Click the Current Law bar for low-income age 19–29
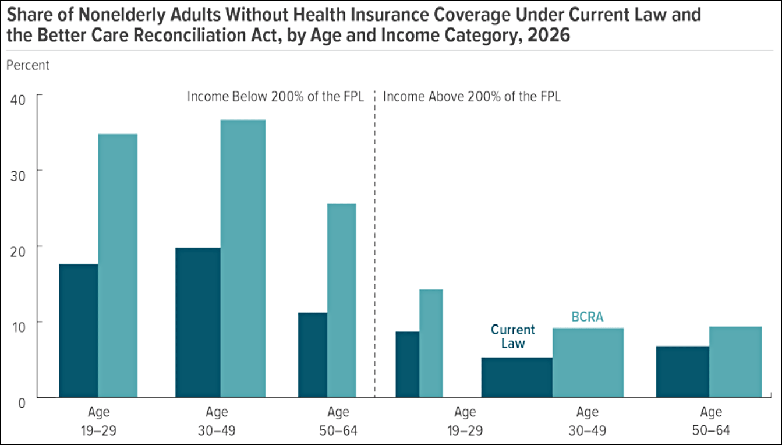[x=78, y=330]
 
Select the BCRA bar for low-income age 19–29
[x=118, y=266]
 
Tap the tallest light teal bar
[x=243, y=259]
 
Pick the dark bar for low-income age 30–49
[x=197, y=322]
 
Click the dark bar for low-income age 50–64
[x=312, y=355]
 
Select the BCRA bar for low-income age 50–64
[x=341, y=300]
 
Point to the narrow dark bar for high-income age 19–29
[x=407, y=364]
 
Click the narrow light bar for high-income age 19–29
[x=431, y=343]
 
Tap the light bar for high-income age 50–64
[x=735, y=362]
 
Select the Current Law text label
[x=512, y=336]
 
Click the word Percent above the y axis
[x=28, y=65]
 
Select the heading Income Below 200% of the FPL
[x=275, y=97]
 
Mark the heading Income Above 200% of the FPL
[x=471, y=97]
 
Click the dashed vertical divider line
[x=374, y=245]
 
